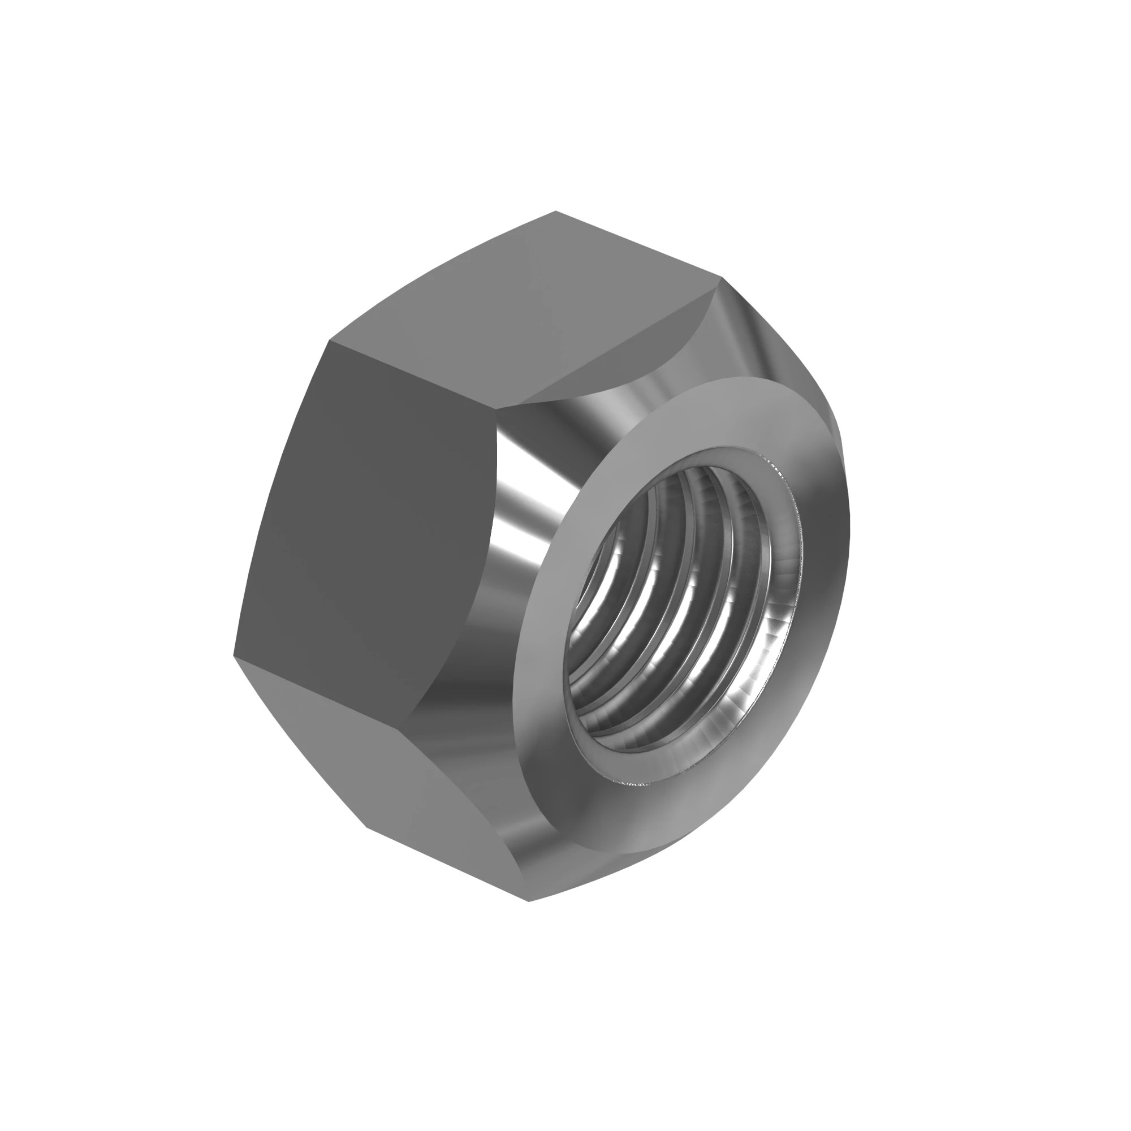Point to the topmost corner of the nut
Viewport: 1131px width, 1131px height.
tap(555, 211)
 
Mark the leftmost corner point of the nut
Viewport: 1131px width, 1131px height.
tap(234, 656)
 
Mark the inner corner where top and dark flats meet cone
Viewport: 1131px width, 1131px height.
tap(497, 408)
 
